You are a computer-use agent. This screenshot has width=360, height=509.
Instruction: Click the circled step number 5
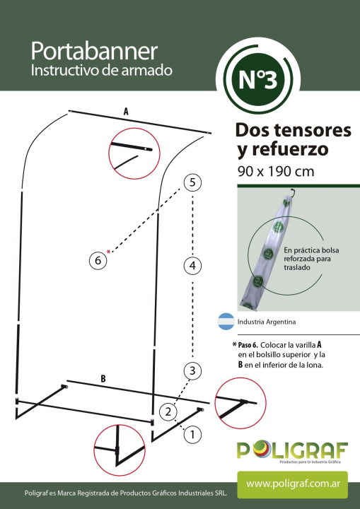click(x=192, y=182)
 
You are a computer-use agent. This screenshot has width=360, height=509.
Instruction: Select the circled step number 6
click(x=98, y=260)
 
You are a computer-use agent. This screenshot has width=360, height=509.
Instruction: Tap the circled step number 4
click(x=192, y=266)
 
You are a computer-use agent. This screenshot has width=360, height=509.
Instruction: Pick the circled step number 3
click(x=192, y=370)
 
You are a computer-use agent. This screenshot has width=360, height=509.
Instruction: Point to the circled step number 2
click(x=168, y=412)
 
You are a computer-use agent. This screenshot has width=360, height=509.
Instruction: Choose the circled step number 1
click(x=192, y=434)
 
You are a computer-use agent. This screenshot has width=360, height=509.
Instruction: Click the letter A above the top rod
click(x=126, y=112)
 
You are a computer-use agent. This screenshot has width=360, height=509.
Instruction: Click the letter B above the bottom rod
click(x=103, y=379)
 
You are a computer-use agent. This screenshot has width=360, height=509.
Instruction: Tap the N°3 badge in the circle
click(x=258, y=80)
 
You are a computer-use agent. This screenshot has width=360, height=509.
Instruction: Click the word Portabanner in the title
click(x=94, y=52)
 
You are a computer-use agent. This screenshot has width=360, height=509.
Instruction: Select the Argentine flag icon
click(x=226, y=322)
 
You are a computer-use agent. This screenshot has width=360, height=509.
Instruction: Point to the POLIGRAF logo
click(x=292, y=450)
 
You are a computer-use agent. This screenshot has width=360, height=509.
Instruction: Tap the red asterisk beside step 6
click(x=108, y=252)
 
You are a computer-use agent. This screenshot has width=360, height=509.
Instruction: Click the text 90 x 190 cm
click(x=276, y=171)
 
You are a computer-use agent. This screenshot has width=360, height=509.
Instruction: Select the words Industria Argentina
click(x=267, y=322)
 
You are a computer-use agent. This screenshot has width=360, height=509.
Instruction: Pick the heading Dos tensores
click(x=293, y=130)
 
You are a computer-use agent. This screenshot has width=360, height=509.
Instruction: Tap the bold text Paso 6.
click(x=248, y=345)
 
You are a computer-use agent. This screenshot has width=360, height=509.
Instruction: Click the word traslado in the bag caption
click(x=297, y=267)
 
